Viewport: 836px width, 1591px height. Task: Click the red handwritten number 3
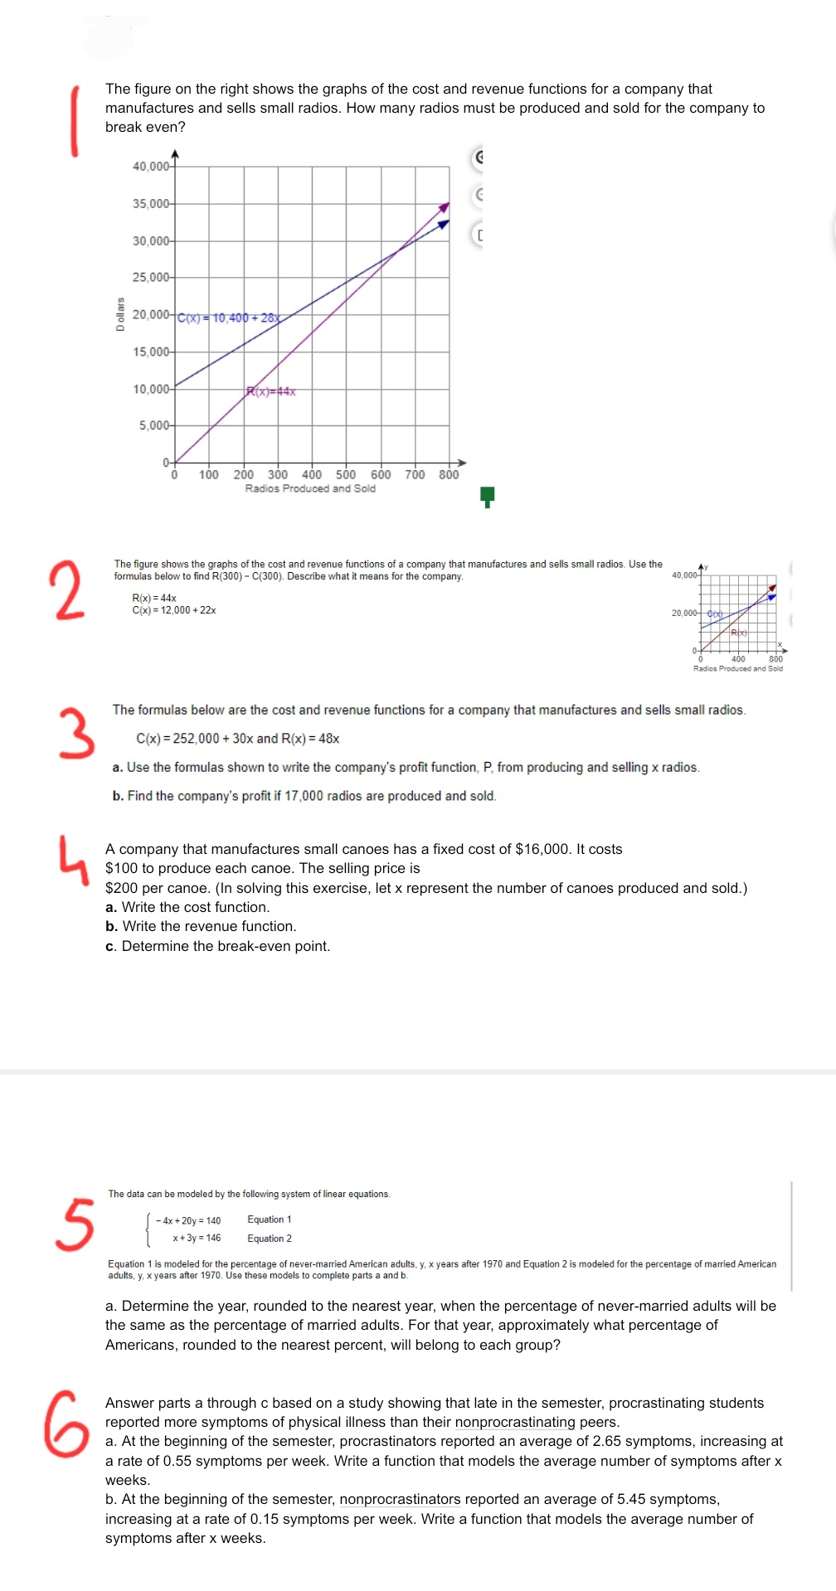click(75, 733)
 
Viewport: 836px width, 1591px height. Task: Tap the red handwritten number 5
click(74, 1223)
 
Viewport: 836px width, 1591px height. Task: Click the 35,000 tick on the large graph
click(151, 204)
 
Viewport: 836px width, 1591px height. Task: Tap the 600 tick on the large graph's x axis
click(381, 474)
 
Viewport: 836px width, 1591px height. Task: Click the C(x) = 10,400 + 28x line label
click(229, 318)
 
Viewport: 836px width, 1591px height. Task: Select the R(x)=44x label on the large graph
click(271, 391)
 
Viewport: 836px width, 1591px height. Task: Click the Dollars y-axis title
click(120, 314)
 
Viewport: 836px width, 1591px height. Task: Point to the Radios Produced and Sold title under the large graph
click(310, 489)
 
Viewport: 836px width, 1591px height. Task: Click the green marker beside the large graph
click(488, 497)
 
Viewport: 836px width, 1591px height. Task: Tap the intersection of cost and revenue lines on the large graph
click(396, 249)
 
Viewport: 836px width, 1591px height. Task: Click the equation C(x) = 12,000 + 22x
click(174, 610)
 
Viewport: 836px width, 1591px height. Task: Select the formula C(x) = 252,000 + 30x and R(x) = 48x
click(237, 739)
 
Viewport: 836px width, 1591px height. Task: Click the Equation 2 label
click(270, 1239)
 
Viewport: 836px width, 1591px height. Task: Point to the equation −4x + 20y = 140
click(188, 1220)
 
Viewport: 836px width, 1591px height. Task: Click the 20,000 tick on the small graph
click(684, 614)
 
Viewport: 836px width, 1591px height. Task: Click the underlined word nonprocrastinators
click(400, 1499)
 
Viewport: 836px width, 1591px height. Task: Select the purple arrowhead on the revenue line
click(445, 206)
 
